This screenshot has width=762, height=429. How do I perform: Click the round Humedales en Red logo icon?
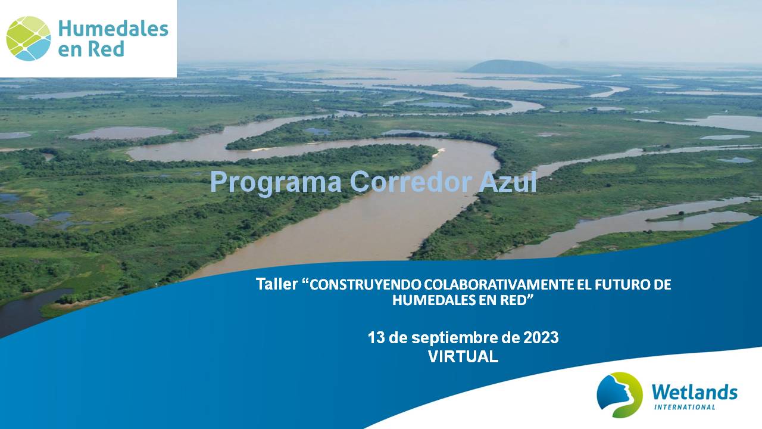click(29, 39)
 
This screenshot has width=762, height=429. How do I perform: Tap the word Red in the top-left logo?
click(106, 49)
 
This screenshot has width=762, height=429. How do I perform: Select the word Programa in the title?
click(276, 183)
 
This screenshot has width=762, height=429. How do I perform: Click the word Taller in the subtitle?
click(277, 284)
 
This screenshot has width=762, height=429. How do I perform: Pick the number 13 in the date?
click(376, 338)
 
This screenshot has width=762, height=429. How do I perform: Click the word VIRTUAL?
click(463, 357)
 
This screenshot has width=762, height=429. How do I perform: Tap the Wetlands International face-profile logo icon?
click(620, 394)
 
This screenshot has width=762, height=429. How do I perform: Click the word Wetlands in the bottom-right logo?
click(694, 393)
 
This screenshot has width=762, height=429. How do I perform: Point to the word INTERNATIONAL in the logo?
click(685, 407)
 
